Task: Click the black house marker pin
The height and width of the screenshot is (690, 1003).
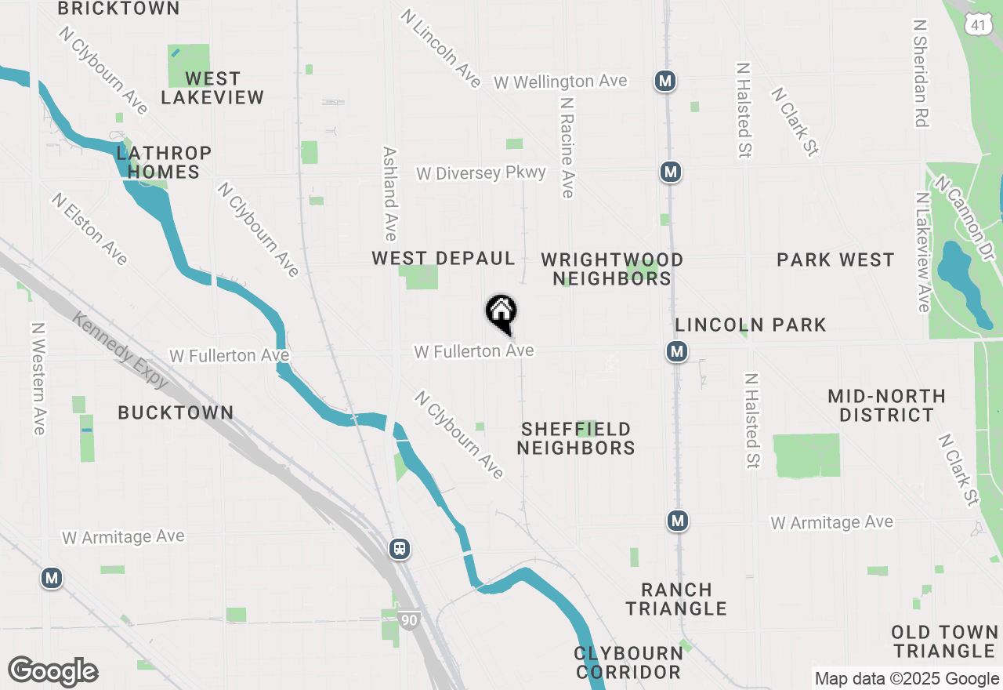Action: (x=501, y=314)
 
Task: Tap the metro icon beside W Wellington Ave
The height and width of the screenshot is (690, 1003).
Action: (x=665, y=81)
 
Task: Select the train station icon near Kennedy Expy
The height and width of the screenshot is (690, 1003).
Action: (x=400, y=548)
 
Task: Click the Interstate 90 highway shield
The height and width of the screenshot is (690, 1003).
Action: (x=408, y=620)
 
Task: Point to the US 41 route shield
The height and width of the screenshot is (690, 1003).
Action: (x=976, y=25)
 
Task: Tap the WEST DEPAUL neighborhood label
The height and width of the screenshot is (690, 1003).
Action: (x=444, y=259)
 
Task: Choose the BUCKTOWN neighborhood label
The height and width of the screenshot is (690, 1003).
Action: (x=176, y=412)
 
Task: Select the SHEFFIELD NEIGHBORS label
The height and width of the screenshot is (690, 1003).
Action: (x=576, y=438)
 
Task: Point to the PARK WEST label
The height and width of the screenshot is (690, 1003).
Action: (x=835, y=260)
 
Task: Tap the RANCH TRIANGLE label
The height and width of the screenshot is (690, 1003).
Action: (x=676, y=599)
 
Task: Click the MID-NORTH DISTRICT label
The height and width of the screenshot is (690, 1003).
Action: (x=886, y=405)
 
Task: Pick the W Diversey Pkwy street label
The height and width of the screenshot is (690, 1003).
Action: (x=481, y=172)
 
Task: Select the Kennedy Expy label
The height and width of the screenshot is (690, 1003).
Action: (x=121, y=350)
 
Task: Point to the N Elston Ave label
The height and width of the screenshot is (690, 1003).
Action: (x=89, y=228)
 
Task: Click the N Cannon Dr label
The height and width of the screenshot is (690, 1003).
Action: (x=969, y=210)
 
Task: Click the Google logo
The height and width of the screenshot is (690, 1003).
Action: (x=53, y=671)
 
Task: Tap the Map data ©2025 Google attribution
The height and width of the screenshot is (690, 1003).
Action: (x=907, y=679)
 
